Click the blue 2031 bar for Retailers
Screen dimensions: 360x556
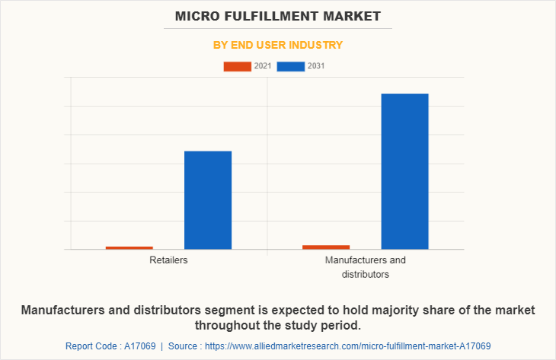208,200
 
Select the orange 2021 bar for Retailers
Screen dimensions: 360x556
129,247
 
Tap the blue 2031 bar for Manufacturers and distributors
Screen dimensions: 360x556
404,171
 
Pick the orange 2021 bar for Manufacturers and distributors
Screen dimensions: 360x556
326,247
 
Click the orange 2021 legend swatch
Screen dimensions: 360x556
237,66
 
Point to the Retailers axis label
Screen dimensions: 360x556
169,260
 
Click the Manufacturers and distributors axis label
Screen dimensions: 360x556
366,267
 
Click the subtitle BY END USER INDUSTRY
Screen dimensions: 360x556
278,45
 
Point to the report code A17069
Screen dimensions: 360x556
139,346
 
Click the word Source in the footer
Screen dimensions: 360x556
185,346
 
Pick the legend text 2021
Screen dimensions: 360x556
263,66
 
